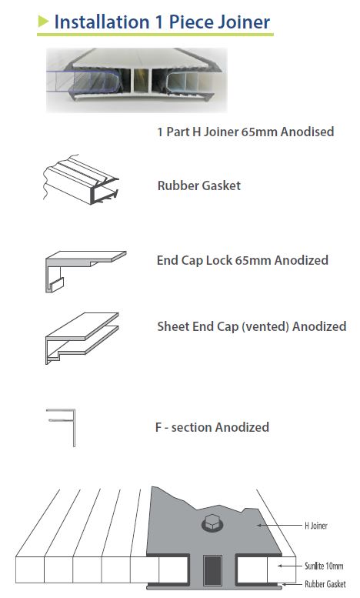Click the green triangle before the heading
(x=43, y=22)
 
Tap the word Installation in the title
(x=102, y=22)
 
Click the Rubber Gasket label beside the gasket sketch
(x=199, y=185)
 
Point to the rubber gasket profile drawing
(x=81, y=179)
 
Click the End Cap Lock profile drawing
(x=85, y=271)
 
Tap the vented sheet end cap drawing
(x=82, y=338)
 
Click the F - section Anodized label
(x=212, y=427)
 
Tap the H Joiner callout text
(x=315, y=526)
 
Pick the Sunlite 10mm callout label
(x=324, y=566)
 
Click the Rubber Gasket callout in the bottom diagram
(x=325, y=584)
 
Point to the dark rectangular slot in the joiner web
(x=212, y=570)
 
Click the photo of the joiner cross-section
(x=136, y=80)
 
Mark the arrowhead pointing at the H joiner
(x=260, y=526)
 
